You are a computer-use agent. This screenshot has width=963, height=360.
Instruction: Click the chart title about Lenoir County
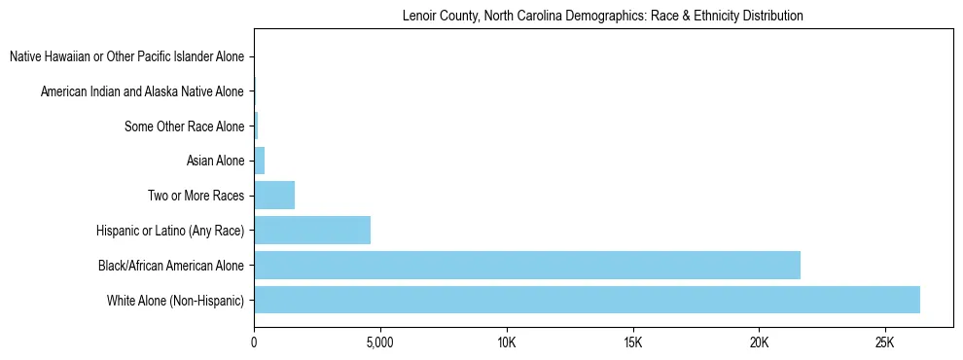point(602,17)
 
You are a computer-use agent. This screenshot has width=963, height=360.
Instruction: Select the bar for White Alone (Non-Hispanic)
point(587,300)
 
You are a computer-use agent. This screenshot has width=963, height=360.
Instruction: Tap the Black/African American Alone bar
point(527,265)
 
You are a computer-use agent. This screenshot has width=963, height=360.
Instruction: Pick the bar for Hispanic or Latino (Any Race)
point(312,231)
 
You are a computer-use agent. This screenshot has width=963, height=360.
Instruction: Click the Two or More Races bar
point(274,196)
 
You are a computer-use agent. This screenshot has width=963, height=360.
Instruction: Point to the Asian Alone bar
point(260,161)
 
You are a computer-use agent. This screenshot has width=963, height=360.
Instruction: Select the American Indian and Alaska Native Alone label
point(143,92)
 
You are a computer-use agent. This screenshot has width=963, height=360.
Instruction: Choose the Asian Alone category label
point(215,161)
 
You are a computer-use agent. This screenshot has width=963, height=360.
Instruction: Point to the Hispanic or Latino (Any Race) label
point(170,231)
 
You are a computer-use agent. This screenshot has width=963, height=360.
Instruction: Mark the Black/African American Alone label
point(171,265)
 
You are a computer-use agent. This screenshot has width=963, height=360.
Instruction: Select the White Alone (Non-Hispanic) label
point(176,300)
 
